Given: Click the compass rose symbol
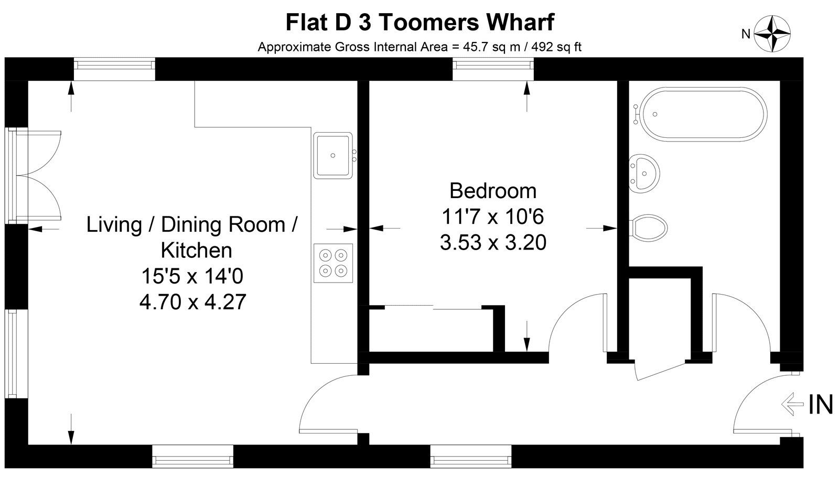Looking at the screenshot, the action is [772, 34].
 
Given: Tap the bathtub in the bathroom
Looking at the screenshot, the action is [703, 115].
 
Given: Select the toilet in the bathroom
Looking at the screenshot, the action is [648, 227].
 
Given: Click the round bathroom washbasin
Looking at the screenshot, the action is [644, 173].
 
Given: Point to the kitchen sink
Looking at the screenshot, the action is [333, 156].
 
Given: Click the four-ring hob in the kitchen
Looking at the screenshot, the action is [333, 263].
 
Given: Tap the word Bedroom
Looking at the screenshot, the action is [493, 191].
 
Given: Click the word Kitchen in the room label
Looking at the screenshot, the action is [196, 250].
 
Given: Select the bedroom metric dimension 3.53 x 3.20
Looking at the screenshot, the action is [493, 242].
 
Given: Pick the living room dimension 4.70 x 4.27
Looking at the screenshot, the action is [192, 302].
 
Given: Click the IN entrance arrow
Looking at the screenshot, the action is [792, 404].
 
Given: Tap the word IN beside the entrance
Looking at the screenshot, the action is [821, 405].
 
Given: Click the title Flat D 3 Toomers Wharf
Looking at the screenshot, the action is [419, 22].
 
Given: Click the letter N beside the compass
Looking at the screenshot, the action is [746, 34].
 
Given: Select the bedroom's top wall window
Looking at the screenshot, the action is [493, 69].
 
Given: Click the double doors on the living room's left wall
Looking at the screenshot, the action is [33, 175].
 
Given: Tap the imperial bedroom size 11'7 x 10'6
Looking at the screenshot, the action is [493, 216].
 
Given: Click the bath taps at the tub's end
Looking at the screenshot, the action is [636, 114].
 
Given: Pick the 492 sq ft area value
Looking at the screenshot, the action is [556, 47].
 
